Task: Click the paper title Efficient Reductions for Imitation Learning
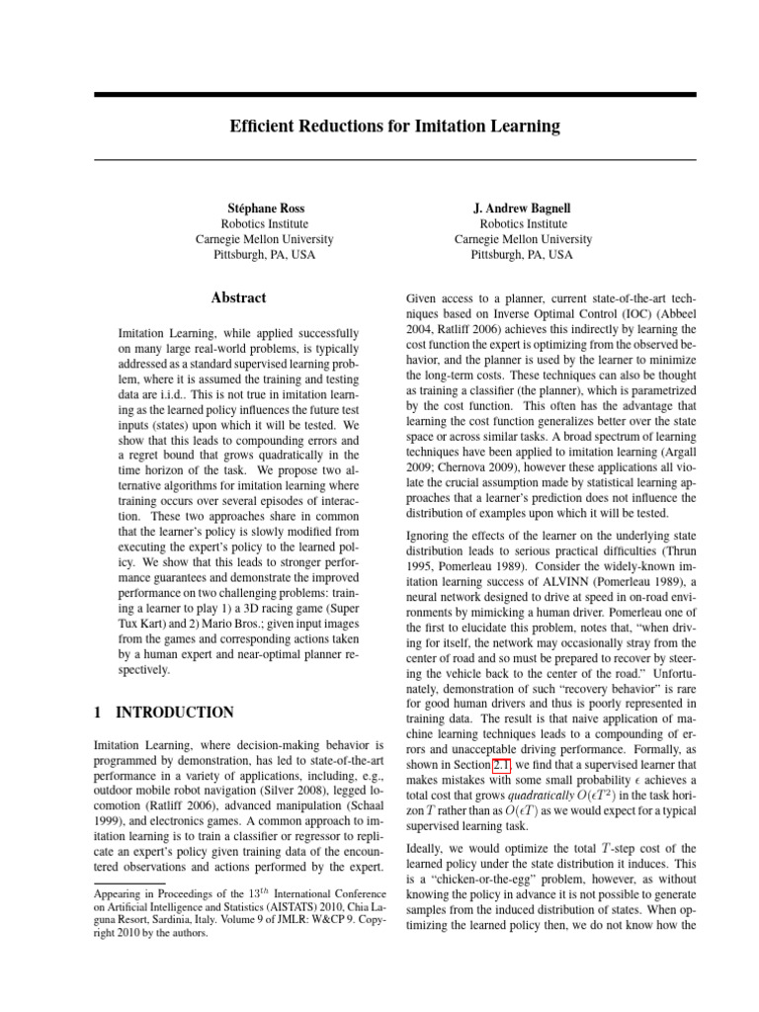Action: click(x=395, y=126)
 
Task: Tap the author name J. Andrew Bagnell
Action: click(x=523, y=209)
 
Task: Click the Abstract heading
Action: click(x=238, y=297)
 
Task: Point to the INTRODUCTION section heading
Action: click(x=175, y=713)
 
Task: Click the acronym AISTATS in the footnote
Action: click(x=261, y=915)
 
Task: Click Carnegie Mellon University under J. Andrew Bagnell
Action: click(x=523, y=239)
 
